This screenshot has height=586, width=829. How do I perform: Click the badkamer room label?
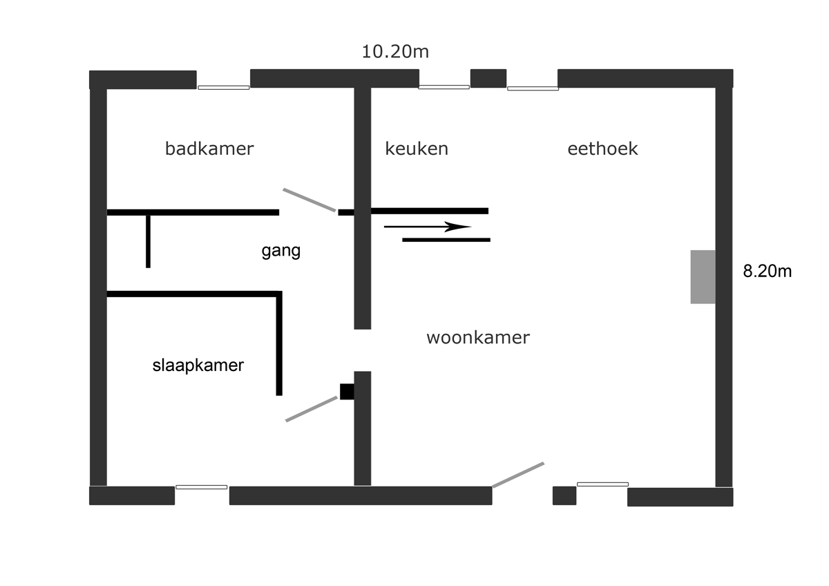tap(209, 149)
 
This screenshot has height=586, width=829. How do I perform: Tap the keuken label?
tap(417, 149)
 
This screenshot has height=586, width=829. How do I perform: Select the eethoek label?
tap(603, 149)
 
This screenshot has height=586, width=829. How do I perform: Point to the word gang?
tap(281, 251)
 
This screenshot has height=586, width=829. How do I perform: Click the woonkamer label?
tap(478, 338)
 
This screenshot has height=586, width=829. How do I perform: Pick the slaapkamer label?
tap(198, 366)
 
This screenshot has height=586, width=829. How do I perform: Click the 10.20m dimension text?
tap(395, 52)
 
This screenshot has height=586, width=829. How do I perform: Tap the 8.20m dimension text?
tap(768, 272)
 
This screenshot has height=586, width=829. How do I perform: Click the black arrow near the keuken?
tap(428, 227)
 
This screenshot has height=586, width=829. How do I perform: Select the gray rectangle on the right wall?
tap(703, 277)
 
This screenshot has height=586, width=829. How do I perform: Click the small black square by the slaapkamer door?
tap(347, 392)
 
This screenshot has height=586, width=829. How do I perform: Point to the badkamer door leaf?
tap(309, 200)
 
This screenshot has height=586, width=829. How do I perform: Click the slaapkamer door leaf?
tap(312, 409)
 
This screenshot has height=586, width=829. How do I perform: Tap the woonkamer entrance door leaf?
tap(518, 475)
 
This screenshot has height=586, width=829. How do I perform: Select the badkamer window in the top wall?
tap(224, 88)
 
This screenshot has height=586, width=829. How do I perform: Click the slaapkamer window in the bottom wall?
tap(201, 487)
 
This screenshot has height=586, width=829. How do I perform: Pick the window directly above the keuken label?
tap(444, 87)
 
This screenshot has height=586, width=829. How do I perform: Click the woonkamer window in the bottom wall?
tap(602, 484)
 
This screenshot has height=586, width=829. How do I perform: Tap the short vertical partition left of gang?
tap(148, 241)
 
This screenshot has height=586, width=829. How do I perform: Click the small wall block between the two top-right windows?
tap(488, 79)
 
